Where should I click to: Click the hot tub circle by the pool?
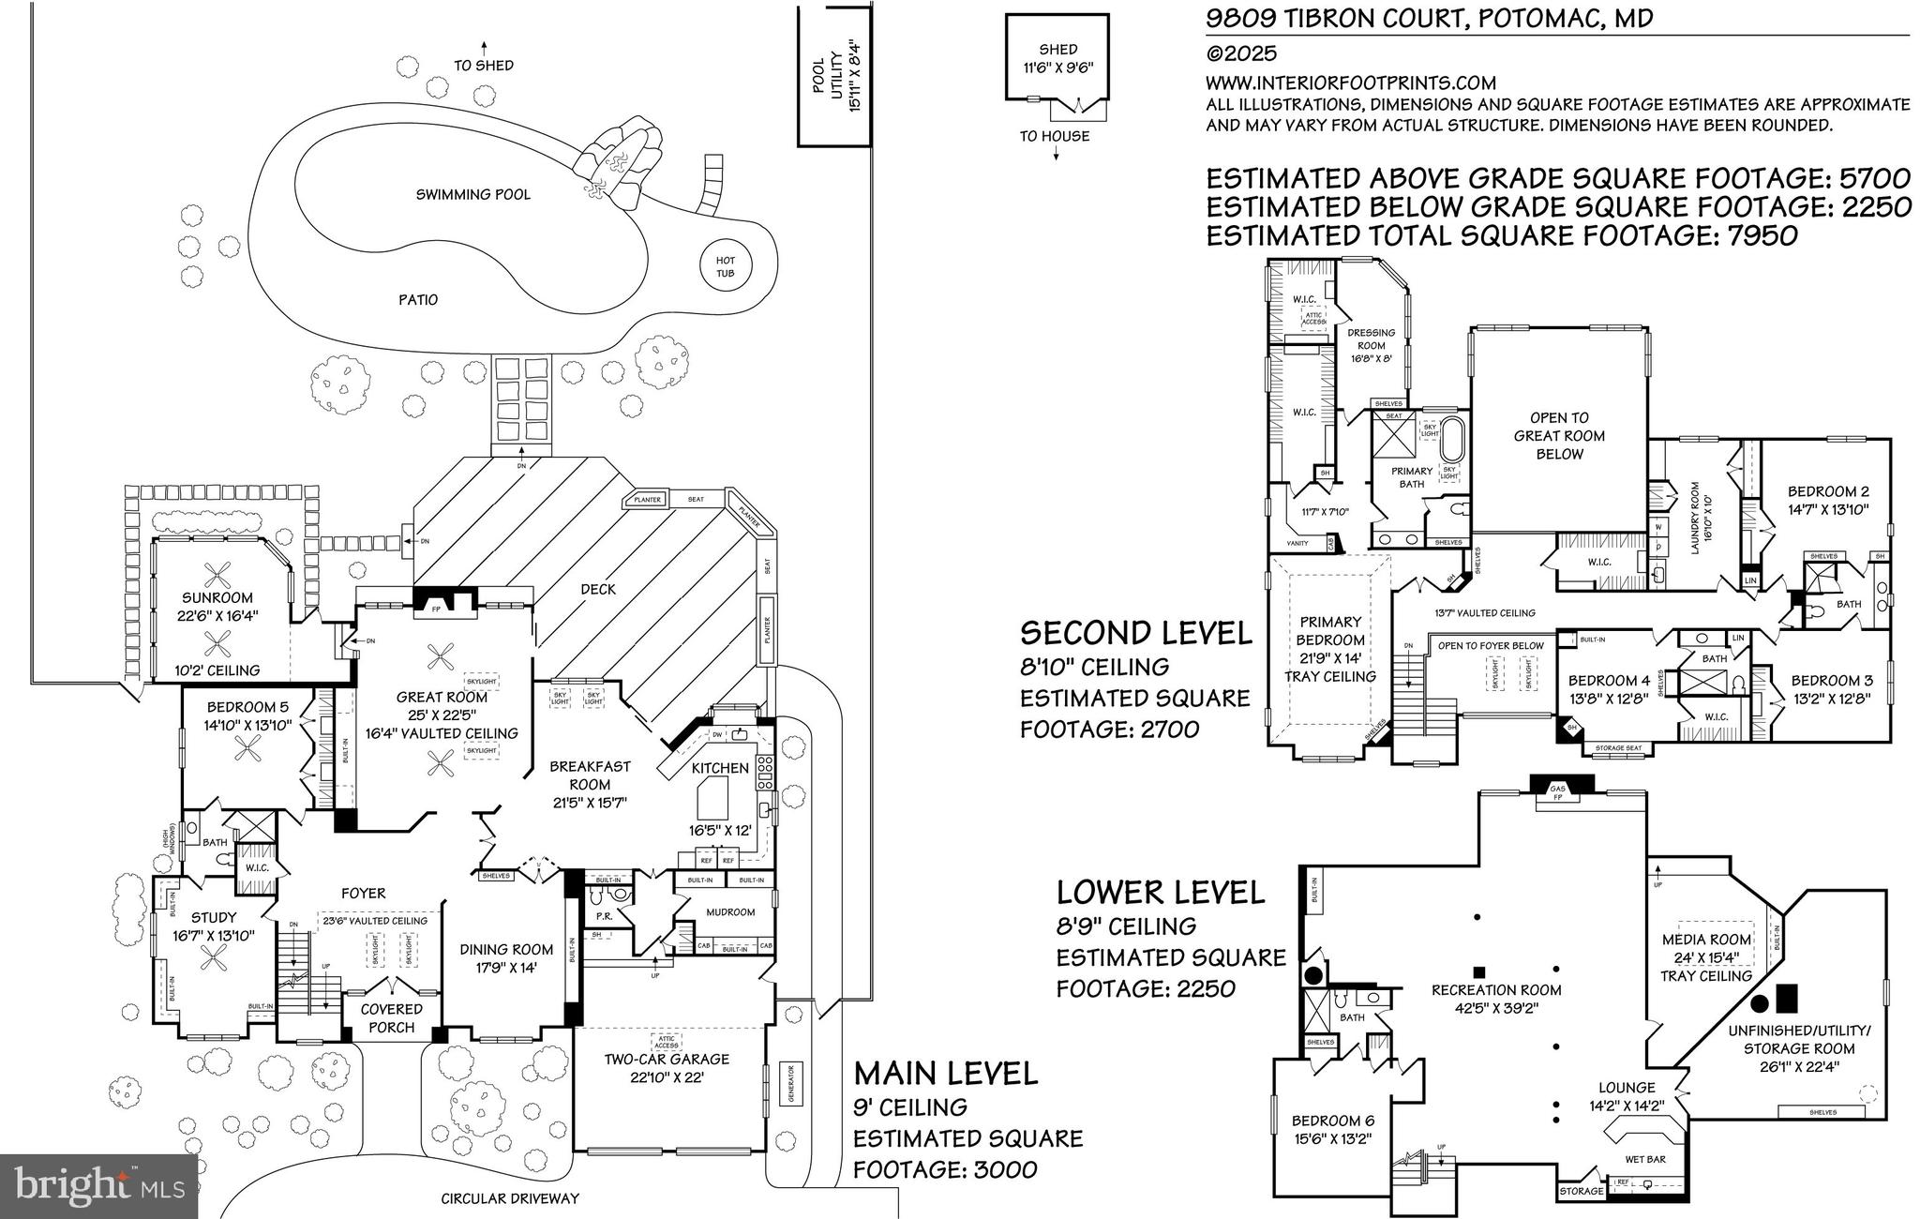click(x=726, y=266)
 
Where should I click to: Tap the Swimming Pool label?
click(x=473, y=194)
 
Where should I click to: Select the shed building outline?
click(x=1057, y=57)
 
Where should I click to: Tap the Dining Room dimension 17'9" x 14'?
click(x=506, y=969)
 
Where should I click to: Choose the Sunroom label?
click(x=217, y=597)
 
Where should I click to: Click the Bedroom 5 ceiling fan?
click(x=249, y=746)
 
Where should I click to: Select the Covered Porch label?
click(x=392, y=1017)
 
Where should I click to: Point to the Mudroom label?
click(x=729, y=911)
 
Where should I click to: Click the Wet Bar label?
click(x=1645, y=1159)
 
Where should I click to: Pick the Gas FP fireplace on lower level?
click(x=1558, y=792)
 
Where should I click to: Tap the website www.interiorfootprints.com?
click(x=1350, y=83)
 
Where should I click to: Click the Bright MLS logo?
click(x=98, y=1186)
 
